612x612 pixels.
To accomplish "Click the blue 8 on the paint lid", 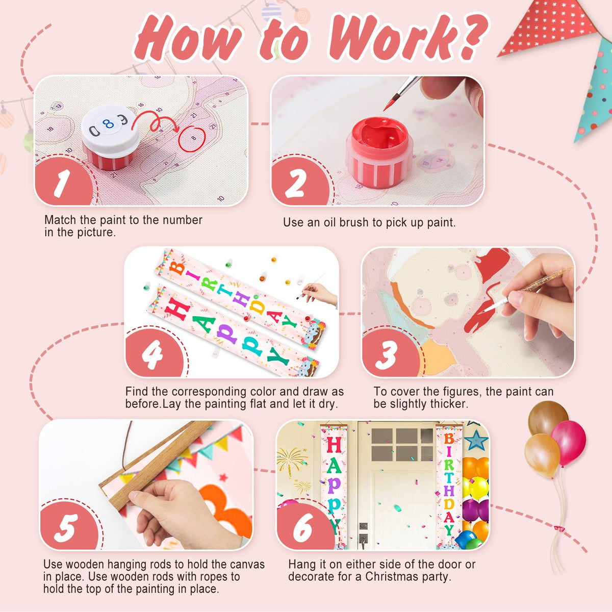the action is (108, 124).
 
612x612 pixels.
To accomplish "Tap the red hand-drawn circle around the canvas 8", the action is (192, 139).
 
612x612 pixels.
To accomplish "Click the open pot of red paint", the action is (379, 152).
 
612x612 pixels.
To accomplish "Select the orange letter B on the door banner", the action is (449, 439).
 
